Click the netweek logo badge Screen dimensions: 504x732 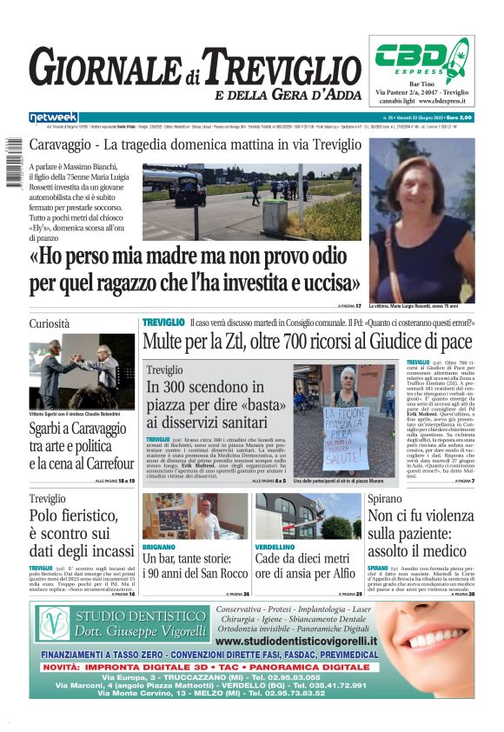(53, 117)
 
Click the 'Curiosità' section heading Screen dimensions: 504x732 (50, 323)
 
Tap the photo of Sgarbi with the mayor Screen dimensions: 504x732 (82, 372)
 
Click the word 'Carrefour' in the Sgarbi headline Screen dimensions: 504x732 (100, 464)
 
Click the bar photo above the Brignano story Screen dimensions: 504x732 (195, 516)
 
